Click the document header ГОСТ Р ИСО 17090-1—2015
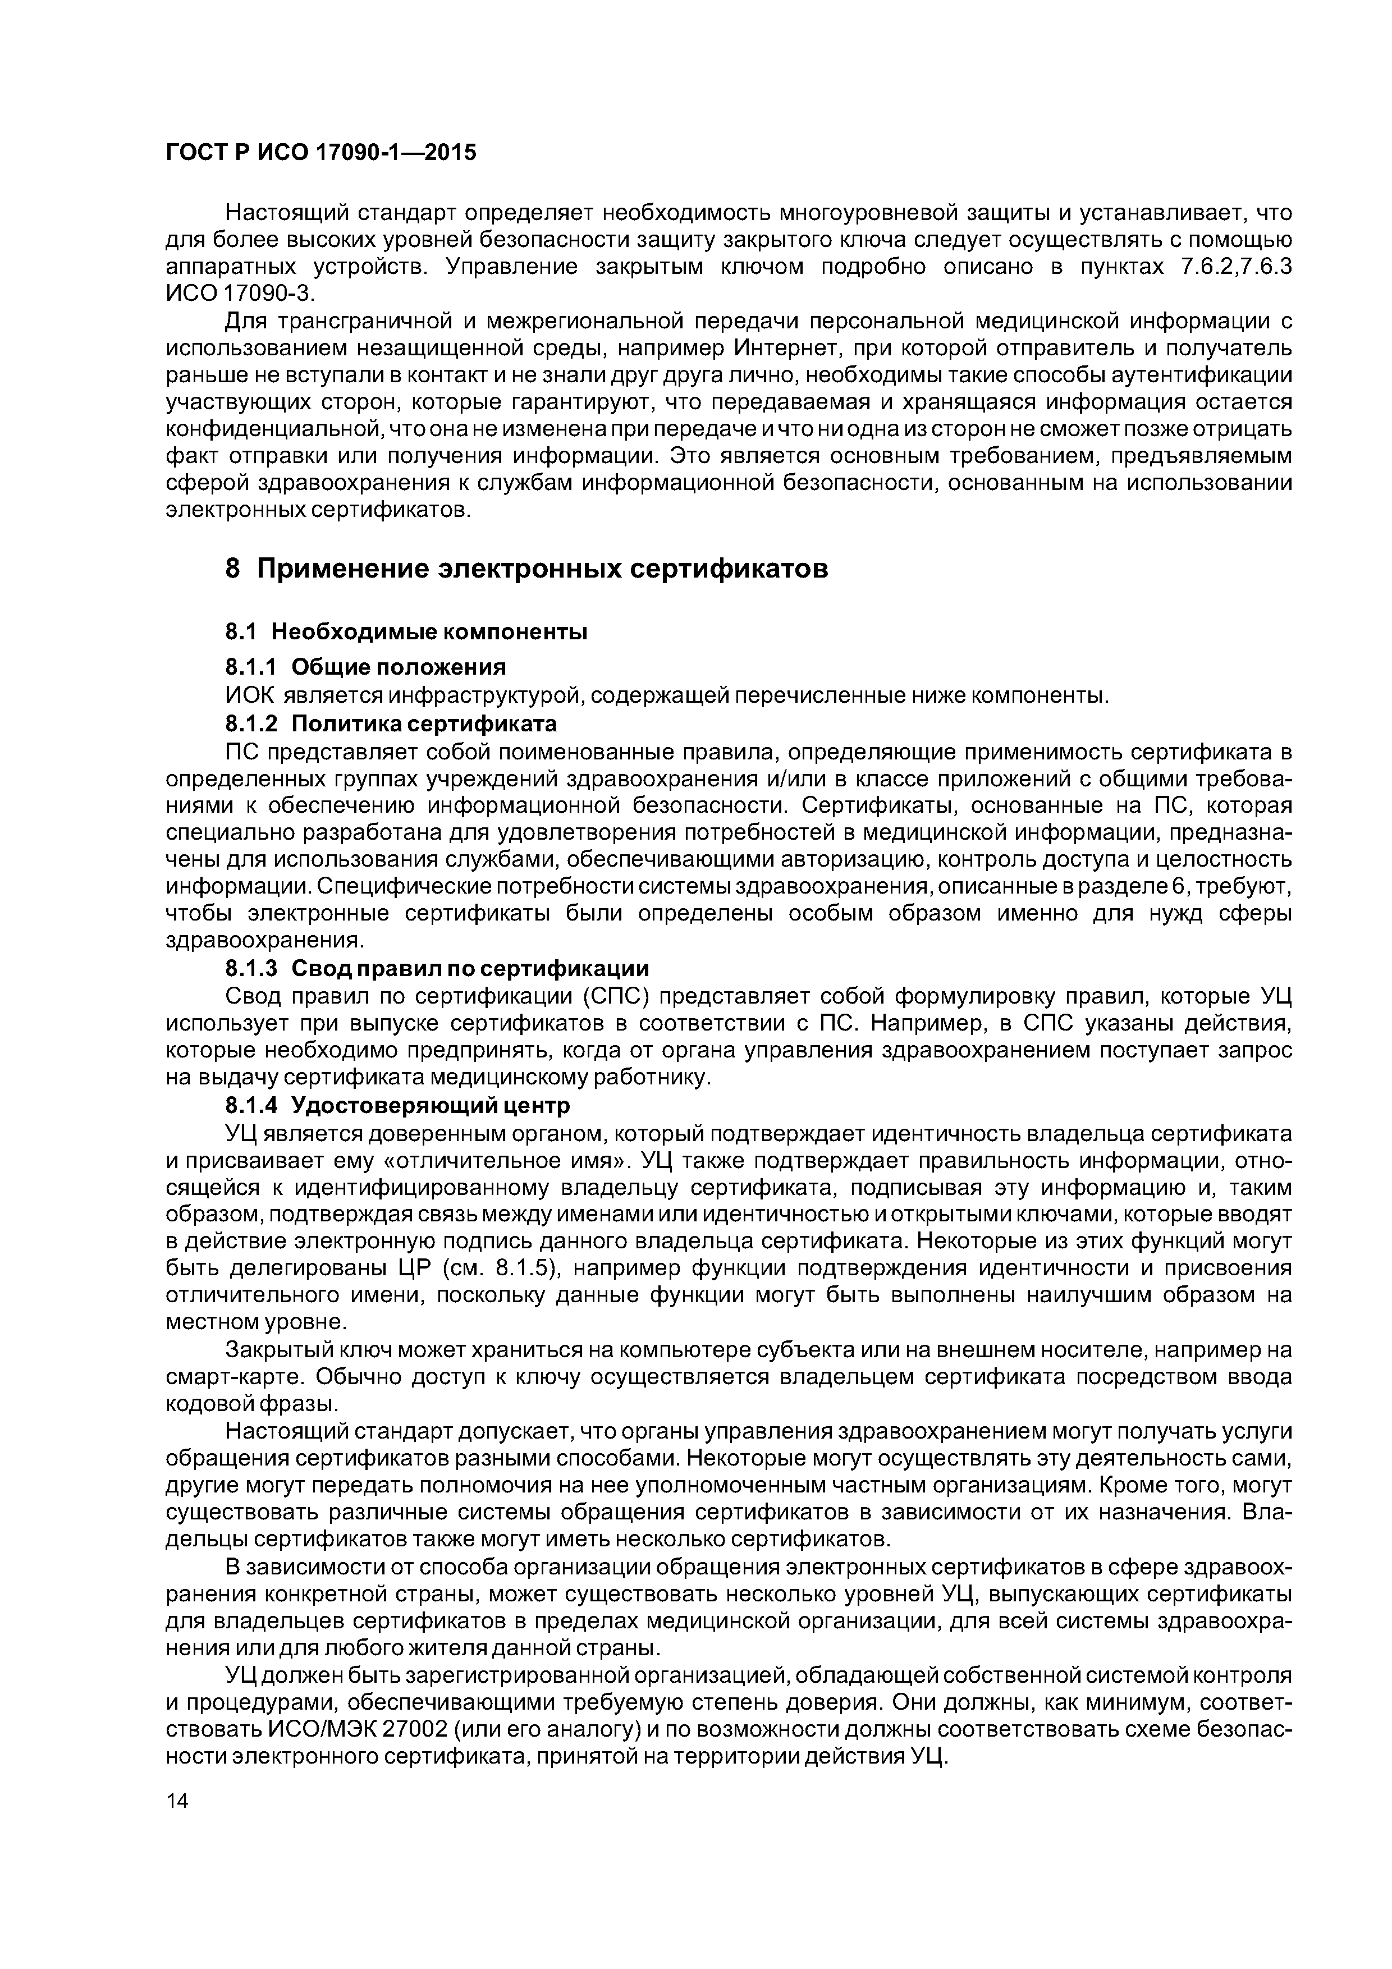(320, 153)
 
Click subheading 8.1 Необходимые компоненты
(406, 632)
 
